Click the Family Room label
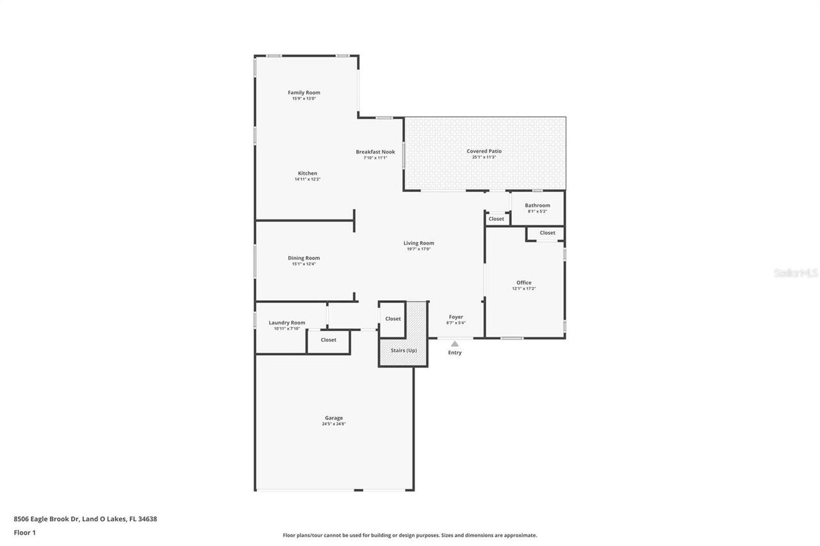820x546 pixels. pyautogui.click(x=304, y=93)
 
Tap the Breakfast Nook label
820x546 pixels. pyautogui.click(x=375, y=152)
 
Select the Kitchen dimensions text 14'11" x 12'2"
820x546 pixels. pyautogui.click(x=307, y=179)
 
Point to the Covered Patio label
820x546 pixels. pyautogui.click(x=484, y=151)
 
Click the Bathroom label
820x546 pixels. pyautogui.click(x=537, y=205)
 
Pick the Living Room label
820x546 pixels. pyautogui.click(x=418, y=243)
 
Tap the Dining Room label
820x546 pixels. pyautogui.click(x=304, y=258)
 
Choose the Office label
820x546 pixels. pyautogui.click(x=523, y=283)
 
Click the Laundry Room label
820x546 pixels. pyautogui.click(x=287, y=323)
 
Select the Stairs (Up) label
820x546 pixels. pyautogui.click(x=404, y=351)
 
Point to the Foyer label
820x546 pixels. pyautogui.click(x=455, y=317)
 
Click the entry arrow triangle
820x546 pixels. pyautogui.click(x=455, y=344)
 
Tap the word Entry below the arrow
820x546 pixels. pyautogui.click(x=455, y=353)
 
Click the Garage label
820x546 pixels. pyautogui.click(x=334, y=418)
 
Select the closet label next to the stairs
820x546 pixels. pyautogui.click(x=393, y=319)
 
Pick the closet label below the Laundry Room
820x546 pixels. pyautogui.click(x=328, y=340)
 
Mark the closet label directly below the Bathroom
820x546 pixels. pyautogui.click(x=547, y=233)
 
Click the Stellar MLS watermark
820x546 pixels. pyautogui.click(x=796, y=273)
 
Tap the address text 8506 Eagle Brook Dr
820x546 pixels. pyautogui.click(x=46, y=519)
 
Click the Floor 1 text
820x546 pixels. pyautogui.click(x=25, y=533)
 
